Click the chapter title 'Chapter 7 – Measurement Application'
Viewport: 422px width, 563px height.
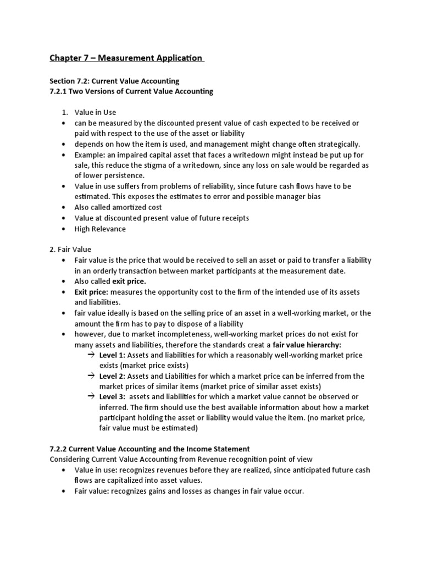click(x=127, y=58)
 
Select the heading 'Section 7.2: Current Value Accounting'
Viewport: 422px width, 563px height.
click(x=114, y=81)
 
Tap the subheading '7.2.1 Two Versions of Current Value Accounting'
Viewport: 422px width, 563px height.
click(x=131, y=91)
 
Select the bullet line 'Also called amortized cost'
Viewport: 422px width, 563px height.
click(x=118, y=207)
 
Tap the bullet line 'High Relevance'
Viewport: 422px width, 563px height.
click(x=100, y=228)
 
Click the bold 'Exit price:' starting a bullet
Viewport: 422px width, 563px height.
click(x=91, y=291)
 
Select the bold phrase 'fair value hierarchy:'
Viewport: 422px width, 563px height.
click(x=307, y=344)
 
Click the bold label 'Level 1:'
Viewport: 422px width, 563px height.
click(x=112, y=355)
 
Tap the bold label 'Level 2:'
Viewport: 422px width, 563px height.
click(x=112, y=376)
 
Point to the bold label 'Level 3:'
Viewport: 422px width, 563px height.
click(x=112, y=397)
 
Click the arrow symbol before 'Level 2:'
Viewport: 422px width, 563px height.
click(x=91, y=376)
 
